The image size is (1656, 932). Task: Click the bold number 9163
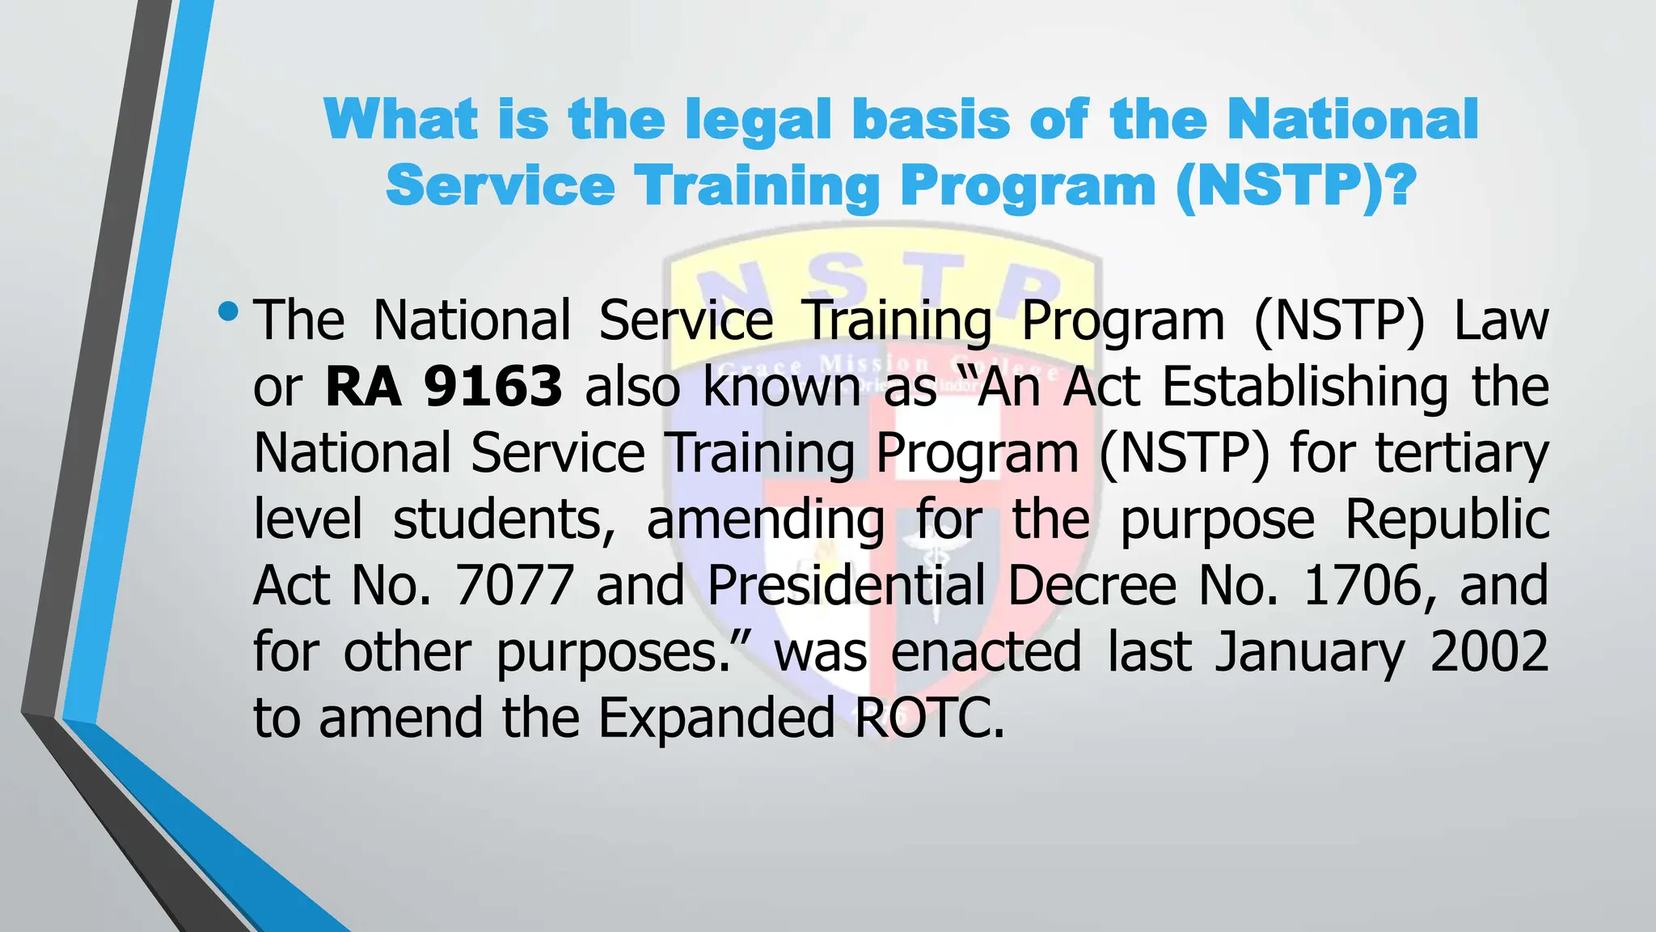493,387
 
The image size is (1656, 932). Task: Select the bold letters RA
363,387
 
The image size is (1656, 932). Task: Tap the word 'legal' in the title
758,120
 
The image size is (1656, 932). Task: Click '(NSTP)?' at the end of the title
1295,186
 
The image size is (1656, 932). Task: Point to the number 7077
515,585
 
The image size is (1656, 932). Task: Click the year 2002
1489,651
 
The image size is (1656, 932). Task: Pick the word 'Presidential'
847,585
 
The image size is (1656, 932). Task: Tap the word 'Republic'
1447,519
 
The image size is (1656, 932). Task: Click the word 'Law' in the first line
1501,320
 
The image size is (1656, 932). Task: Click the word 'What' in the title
401,120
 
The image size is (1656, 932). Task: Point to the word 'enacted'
986,651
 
